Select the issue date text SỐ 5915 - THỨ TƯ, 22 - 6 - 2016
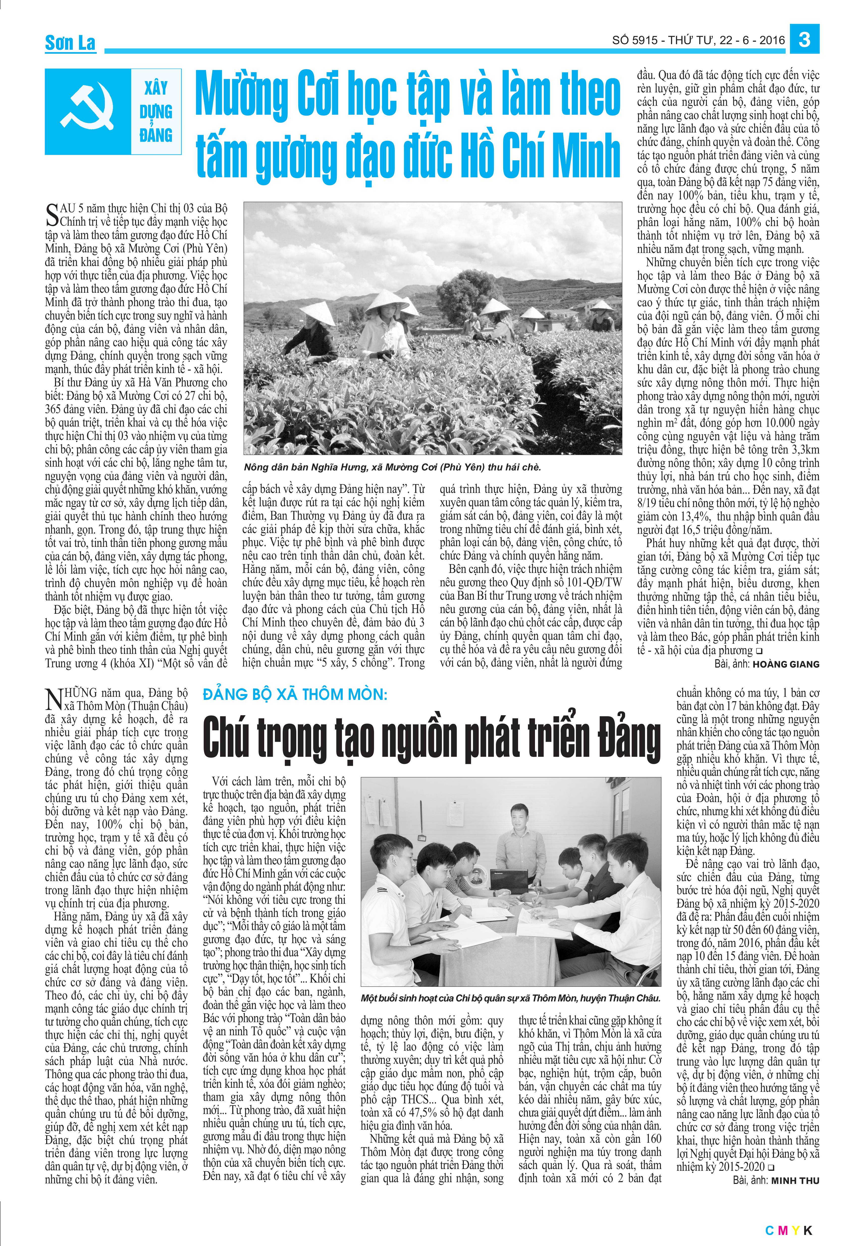698,40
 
